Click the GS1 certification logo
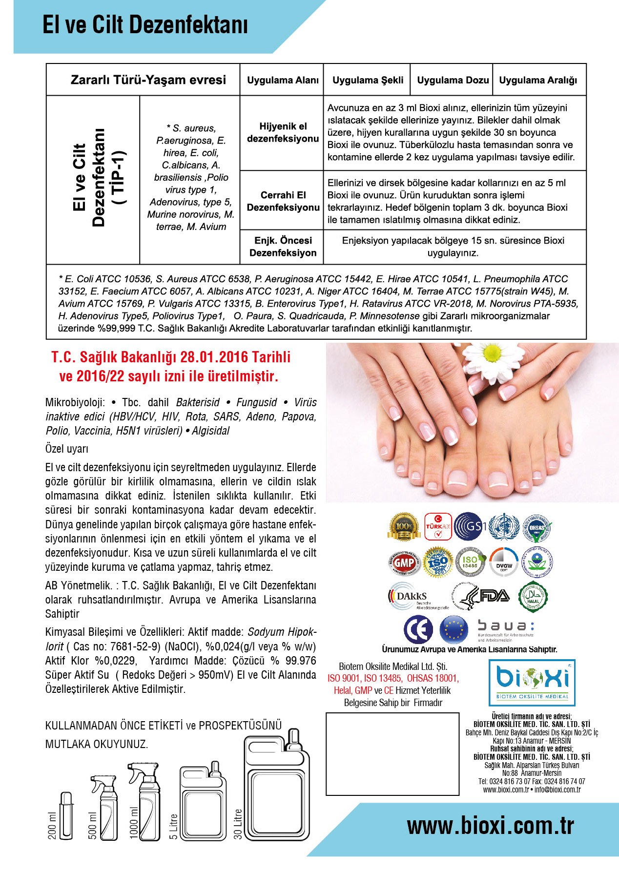pyautogui.click(x=470, y=527)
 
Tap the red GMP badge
pyautogui.click(x=404, y=562)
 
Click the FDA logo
pyautogui.click(x=481, y=596)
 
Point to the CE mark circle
pyautogui.click(x=418, y=629)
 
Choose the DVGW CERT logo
pyautogui.click(x=503, y=563)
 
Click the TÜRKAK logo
pyautogui.click(x=437, y=527)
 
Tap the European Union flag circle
pyautogui.click(x=454, y=629)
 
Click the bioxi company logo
pyautogui.click(x=532, y=680)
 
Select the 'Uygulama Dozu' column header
pyautogui.click(x=453, y=80)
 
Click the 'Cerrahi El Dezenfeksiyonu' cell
pyautogui.click(x=283, y=201)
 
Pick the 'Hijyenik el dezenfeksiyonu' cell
pyautogui.click(x=283, y=132)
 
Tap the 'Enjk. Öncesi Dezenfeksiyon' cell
pyautogui.click(x=283, y=247)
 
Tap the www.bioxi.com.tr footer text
pyautogui.click(x=490, y=826)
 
